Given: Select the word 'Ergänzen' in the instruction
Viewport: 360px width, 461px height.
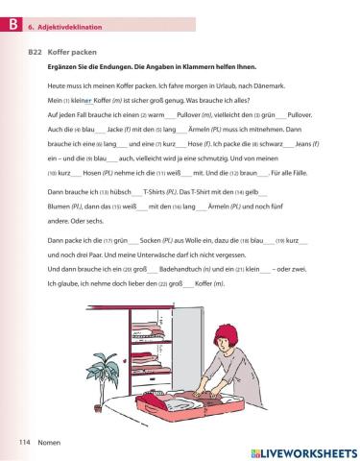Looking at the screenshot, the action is point(60,69).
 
